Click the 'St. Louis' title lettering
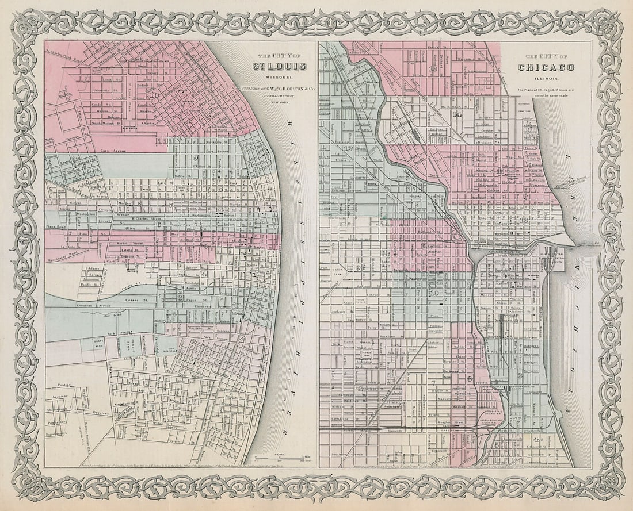coord(280,67)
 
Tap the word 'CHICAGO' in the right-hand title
coord(546,68)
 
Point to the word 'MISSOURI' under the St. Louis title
coord(280,77)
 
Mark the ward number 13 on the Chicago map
coord(433,69)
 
